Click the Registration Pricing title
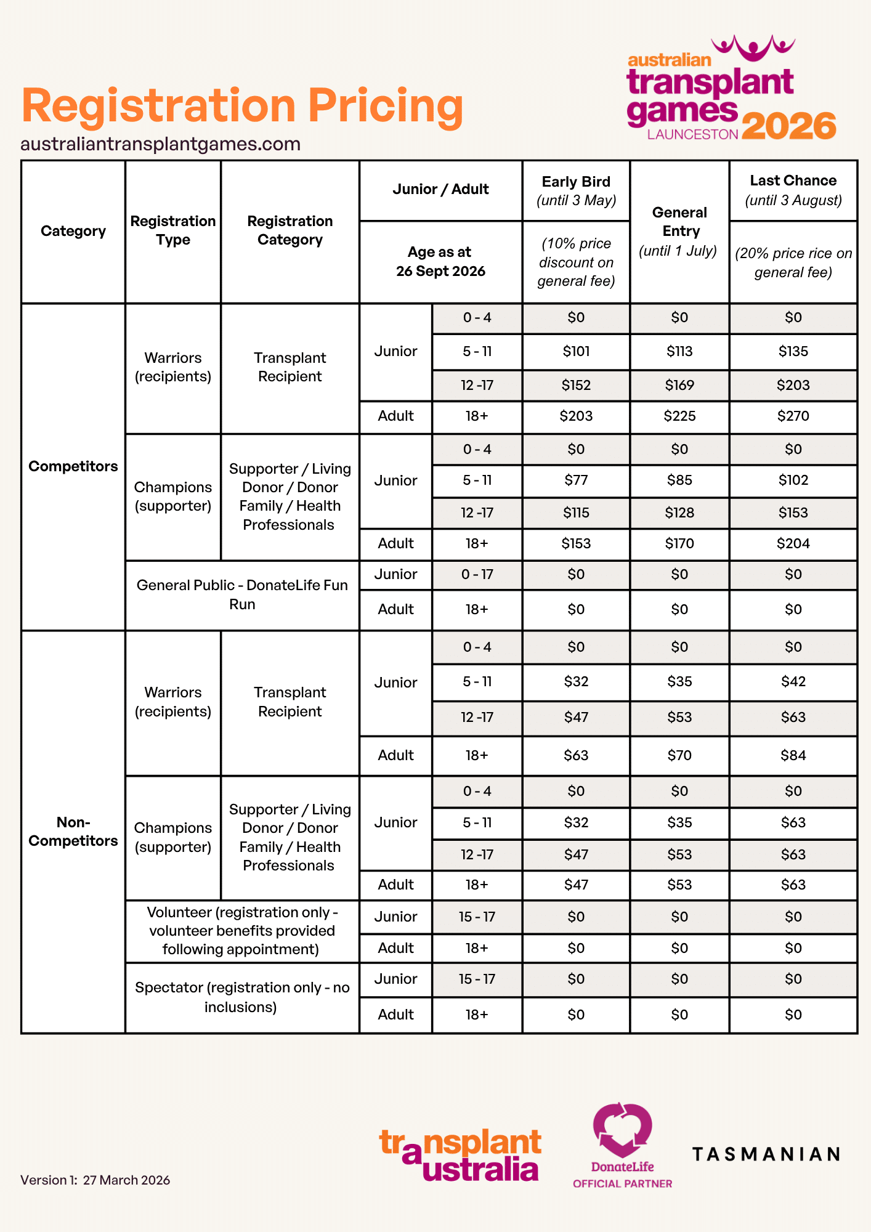(242, 106)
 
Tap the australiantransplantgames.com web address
(160, 144)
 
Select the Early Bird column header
(576, 190)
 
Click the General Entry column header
(679, 231)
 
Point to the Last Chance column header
(793, 190)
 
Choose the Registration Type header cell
(173, 230)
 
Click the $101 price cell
(576, 351)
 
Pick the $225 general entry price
(679, 416)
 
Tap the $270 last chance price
(793, 416)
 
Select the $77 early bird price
(576, 480)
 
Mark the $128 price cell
(679, 513)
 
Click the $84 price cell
(793, 755)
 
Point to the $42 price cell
(793, 681)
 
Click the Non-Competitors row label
(73, 832)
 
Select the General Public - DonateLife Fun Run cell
(242, 594)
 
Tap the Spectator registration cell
(242, 997)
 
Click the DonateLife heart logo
(622, 1131)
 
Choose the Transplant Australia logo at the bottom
(460, 1155)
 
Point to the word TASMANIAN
(766, 1154)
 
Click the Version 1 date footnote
(95, 1180)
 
